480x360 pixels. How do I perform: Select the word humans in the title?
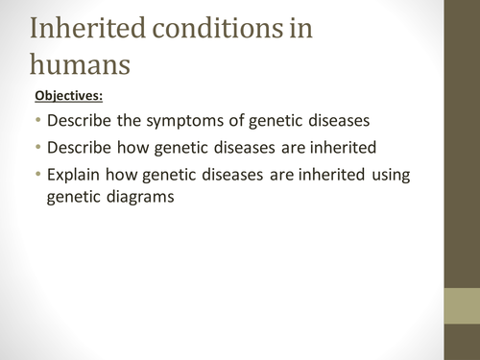click(x=88, y=64)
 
